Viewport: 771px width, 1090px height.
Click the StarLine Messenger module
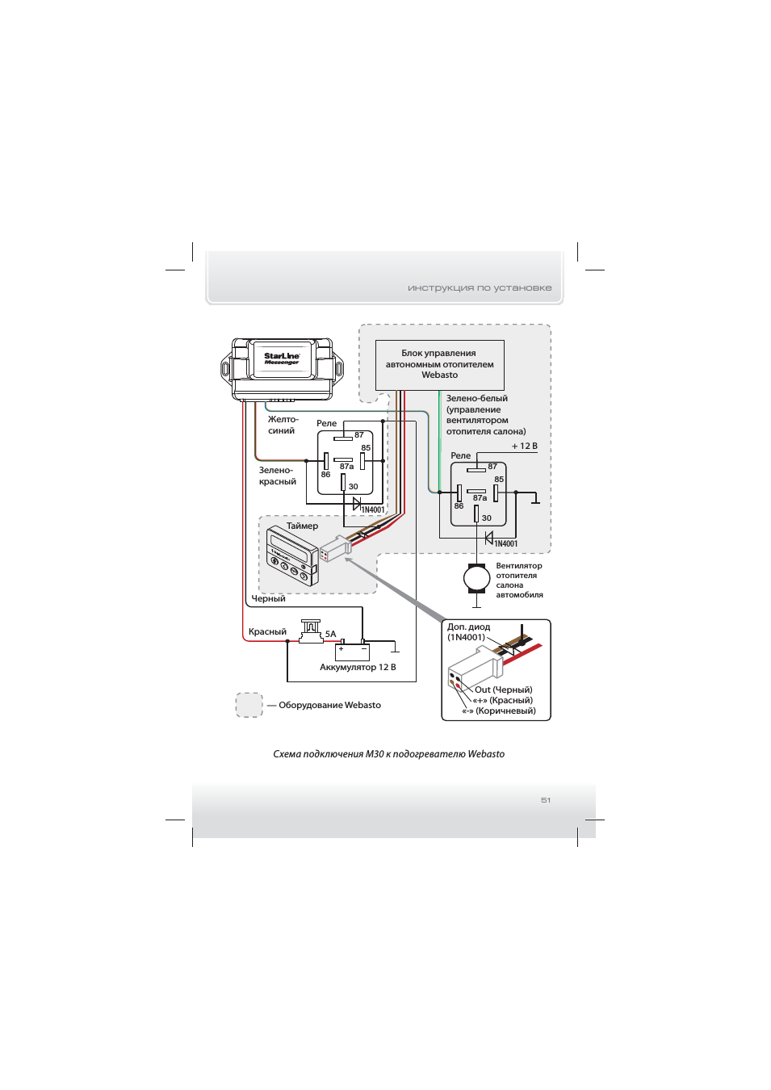(x=282, y=368)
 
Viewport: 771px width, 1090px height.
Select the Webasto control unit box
(x=439, y=365)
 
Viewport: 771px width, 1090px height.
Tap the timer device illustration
(x=292, y=556)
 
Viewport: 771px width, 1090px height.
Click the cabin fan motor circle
(x=476, y=578)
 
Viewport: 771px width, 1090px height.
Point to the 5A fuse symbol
(x=311, y=631)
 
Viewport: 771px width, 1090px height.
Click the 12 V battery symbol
(x=353, y=650)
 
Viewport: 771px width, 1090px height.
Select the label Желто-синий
(x=283, y=425)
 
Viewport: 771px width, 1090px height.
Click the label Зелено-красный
(x=277, y=476)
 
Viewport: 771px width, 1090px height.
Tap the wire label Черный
(x=268, y=598)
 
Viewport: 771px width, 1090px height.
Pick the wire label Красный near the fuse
(x=267, y=631)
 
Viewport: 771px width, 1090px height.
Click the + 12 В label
(x=524, y=446)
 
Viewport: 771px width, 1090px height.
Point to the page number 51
(x=546, y=800)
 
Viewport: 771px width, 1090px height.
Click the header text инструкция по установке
(x=480, y=287)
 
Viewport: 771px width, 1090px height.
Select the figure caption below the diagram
(x=388, y=754)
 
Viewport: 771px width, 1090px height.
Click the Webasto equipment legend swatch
(x=249, y=705)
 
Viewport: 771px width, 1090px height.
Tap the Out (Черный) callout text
(x=503, y=690)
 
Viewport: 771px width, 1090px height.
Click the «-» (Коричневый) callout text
(x=499, y=711)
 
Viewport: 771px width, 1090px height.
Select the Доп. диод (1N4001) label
(x=468, y=632)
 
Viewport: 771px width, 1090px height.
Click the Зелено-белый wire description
(x=485, y=414)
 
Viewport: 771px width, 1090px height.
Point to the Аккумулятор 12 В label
(x=358, y=667)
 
